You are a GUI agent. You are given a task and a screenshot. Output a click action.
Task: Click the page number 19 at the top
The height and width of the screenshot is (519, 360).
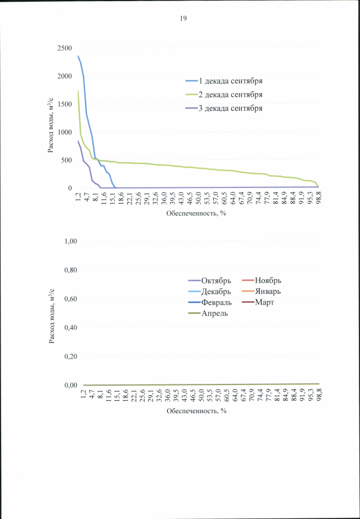click(x=183, y=19)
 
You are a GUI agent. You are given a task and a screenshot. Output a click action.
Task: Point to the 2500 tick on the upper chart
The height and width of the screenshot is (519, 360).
click(x=64, y=48)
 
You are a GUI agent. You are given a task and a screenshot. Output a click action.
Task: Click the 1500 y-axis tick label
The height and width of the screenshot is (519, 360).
click(x=64, y=104)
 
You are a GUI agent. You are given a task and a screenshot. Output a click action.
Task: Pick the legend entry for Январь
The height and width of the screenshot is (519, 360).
click(x=268, y=292)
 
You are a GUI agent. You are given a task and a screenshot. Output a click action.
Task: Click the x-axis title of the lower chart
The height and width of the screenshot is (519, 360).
click(x=196, y=411)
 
